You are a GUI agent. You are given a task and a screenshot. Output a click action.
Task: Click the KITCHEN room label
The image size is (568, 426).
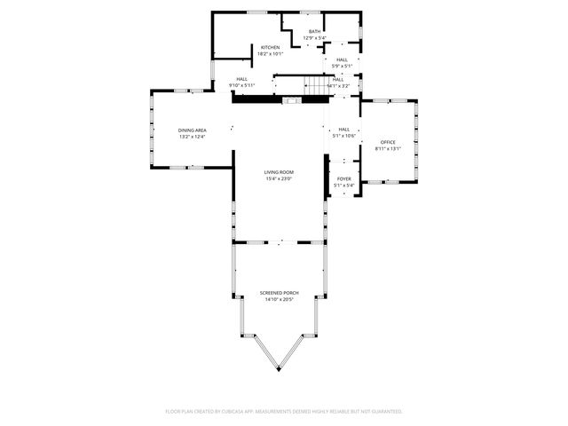tap(270, 47)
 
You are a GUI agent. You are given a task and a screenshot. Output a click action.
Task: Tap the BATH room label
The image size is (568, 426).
tap(314, 32)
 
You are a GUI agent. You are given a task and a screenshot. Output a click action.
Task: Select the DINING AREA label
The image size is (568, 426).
tap(193, 130)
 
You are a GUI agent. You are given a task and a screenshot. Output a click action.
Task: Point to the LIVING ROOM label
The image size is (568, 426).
tap(279, 172)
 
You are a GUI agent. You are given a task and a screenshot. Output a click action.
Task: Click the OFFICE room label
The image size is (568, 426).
tap(388, 142)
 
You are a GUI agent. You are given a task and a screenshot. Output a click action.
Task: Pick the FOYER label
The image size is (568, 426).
tap(343, 178)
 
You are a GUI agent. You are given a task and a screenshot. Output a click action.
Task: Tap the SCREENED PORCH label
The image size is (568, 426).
tap(279, 293)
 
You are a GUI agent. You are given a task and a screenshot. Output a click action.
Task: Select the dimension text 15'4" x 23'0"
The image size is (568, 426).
tap(279, 178)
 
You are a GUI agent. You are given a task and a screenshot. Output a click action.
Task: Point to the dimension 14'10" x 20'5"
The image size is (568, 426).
tap(279, 299)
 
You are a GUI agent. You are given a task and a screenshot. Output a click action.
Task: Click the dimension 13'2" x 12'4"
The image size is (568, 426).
tap(193, 137)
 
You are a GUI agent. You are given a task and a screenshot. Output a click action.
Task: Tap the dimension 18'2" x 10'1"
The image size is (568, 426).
tap(270, 53)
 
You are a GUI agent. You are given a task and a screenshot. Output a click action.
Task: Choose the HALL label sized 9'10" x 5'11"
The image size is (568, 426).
tap(241, 79)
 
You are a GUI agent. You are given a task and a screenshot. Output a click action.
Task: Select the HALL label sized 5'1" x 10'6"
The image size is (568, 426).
tap(343, 130)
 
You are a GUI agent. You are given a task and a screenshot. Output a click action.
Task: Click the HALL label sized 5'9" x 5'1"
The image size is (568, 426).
tap(342, 59)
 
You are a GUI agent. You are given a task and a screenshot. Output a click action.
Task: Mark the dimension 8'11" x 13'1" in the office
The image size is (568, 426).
tap(388, 148)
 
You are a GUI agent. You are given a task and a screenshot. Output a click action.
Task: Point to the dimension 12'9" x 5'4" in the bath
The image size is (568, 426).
tap(314, 38)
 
